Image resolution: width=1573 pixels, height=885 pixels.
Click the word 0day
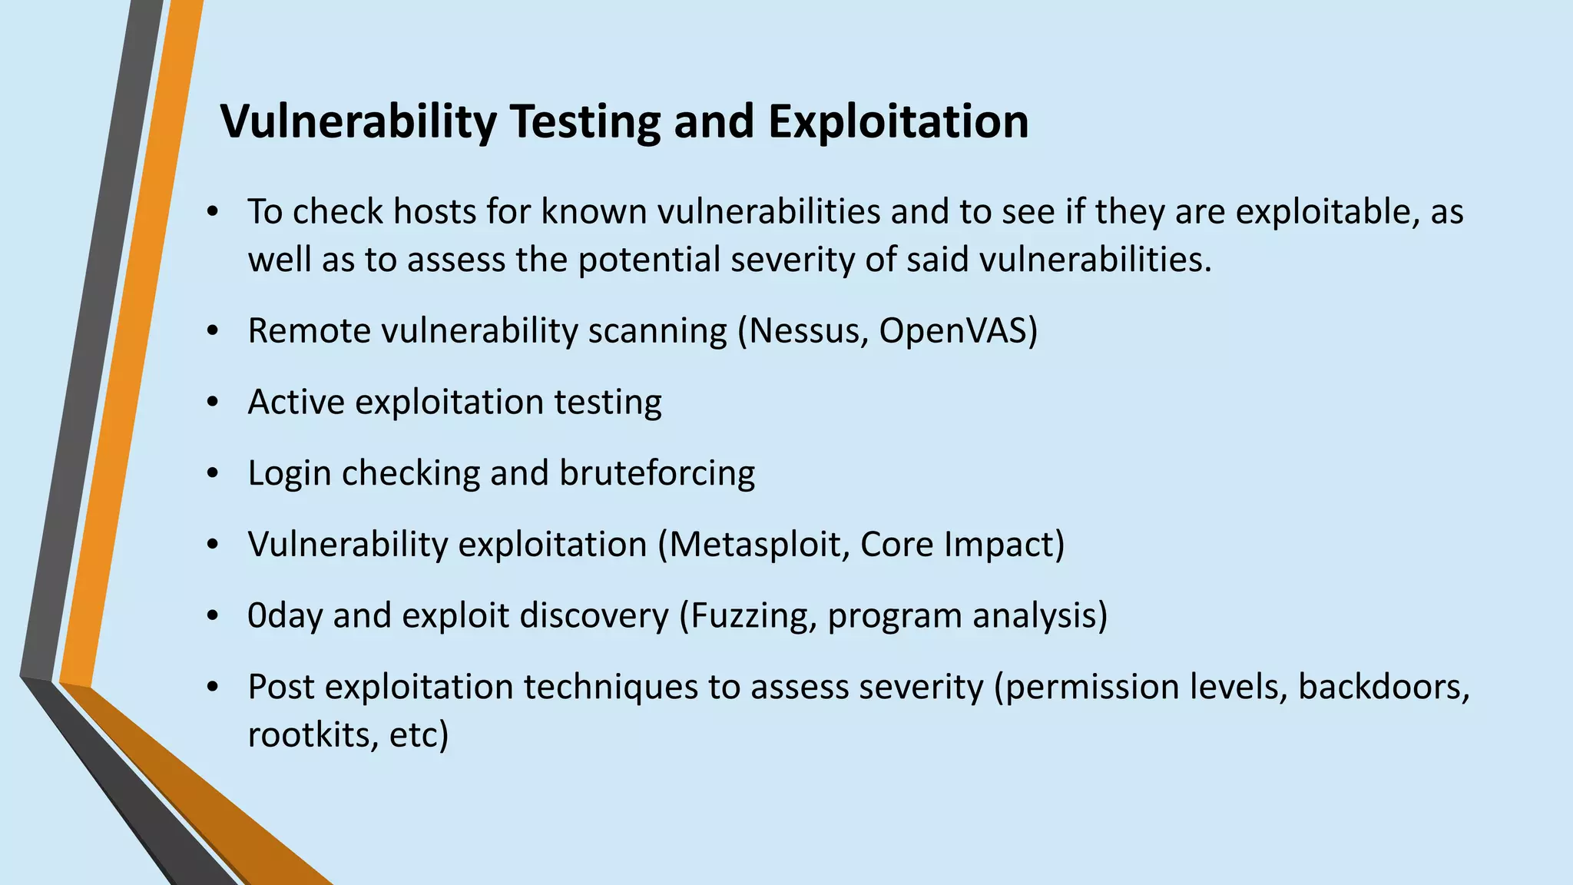[x=285, y=616]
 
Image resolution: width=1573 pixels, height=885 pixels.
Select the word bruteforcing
[x=657, y=473]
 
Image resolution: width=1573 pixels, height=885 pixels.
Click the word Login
[x=290, y=473]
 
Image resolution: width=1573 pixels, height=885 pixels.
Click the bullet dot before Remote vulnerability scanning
[x=214, y=332]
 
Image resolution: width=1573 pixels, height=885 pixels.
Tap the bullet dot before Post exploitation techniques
[x=214, y=688]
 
